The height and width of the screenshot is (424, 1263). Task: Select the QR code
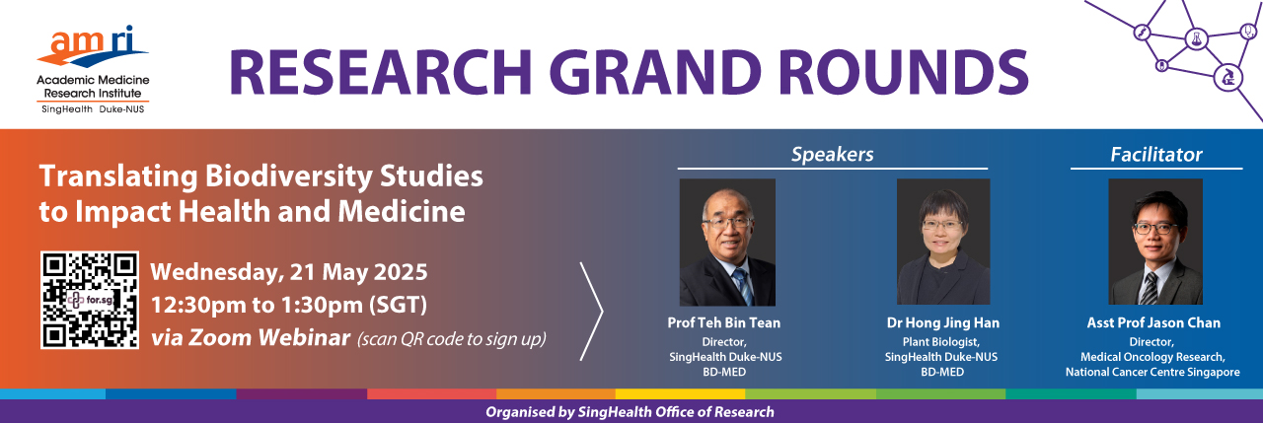click(90, 300)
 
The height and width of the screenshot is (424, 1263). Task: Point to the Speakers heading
click(832, 155)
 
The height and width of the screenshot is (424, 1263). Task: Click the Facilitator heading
click(1156, 155)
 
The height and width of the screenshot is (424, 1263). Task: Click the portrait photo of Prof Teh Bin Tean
click(727, 243)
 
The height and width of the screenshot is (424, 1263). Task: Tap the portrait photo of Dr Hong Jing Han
click(943, 242)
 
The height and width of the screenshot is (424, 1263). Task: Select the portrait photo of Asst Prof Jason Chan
click(1155, 242)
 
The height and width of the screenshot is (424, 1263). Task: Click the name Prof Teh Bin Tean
click(724, 323)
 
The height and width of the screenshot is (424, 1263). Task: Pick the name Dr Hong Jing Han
click(942, 323)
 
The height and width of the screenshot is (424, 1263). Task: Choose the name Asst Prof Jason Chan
click(1153, 323)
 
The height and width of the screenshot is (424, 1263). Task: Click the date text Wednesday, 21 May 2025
click(289, 272)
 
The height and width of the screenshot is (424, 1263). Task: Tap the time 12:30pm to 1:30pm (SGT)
click(289, 305)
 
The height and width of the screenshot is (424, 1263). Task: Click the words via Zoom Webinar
click(251, 338)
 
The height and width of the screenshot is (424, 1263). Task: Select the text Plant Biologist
click(941, 342)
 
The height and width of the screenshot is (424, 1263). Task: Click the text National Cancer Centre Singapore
click(1152, 372)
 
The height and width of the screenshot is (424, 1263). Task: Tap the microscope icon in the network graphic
click(1227, 77)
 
